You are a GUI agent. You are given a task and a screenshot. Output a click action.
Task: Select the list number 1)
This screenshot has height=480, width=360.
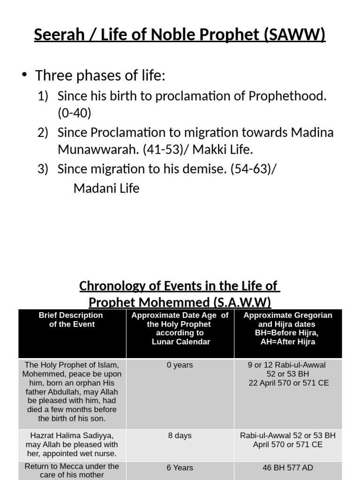click(x=43, y=96)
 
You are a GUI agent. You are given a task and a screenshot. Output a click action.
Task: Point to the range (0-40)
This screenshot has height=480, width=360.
click(x=75, y=113)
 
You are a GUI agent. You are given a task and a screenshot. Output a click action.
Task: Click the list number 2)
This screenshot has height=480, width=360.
click(x=43, y=133)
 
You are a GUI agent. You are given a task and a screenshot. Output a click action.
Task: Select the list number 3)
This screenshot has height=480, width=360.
click(x=43, y=169)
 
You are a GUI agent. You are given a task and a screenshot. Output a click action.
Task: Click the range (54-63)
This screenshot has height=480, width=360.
click(x=253, y=169)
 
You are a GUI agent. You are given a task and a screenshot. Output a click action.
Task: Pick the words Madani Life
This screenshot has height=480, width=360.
click(x=106, y=188)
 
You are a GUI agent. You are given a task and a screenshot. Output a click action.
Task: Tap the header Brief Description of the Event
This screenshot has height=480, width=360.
click(x=72, y=320)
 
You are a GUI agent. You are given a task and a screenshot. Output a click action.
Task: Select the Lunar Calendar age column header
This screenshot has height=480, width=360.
click(x=180, y=328)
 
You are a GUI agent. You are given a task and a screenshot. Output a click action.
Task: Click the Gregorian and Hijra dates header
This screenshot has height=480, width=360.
click(x=288, y=328)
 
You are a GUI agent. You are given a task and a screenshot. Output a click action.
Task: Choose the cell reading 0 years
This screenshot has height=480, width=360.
click(x=180, y=365)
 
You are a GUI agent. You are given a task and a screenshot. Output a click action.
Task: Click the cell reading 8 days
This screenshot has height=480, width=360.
click(x=180, y=435)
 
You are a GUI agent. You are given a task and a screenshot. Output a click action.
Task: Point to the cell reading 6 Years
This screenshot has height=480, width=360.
click(x=180, y=467)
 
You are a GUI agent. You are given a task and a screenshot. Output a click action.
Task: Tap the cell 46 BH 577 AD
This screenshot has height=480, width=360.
click(x=288, y=467)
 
